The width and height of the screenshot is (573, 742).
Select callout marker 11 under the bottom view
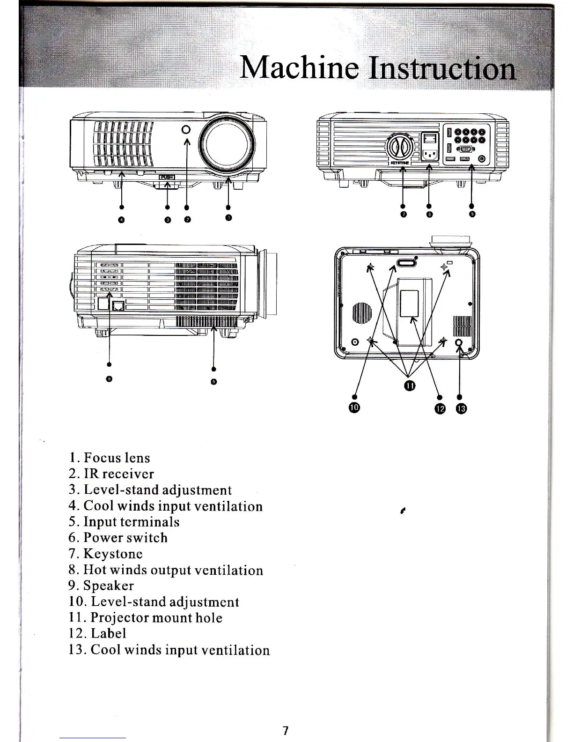[x=410, y=386]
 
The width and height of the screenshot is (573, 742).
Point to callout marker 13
[x=461, y=409]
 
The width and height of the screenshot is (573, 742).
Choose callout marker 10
[x=354, y=408]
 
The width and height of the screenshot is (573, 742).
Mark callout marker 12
[x=440, y=409]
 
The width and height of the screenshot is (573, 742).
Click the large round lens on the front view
[x=228, y=143]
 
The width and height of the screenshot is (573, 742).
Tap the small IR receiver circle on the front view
[x=186, y=130]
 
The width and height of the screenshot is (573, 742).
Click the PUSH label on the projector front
[x=168, y=177]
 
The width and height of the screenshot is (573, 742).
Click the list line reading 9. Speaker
[x=101, y=586]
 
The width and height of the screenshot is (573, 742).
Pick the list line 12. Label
[x=97, y=633]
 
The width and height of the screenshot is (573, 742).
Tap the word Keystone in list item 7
[x=113, y=554]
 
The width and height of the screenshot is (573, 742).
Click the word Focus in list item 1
[x=100, y=458]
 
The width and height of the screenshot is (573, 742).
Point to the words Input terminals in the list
[x=131, y=522]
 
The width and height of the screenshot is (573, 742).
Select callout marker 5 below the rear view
[x=472, y=214]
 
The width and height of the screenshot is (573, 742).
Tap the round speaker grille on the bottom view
[x=361, y=314]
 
